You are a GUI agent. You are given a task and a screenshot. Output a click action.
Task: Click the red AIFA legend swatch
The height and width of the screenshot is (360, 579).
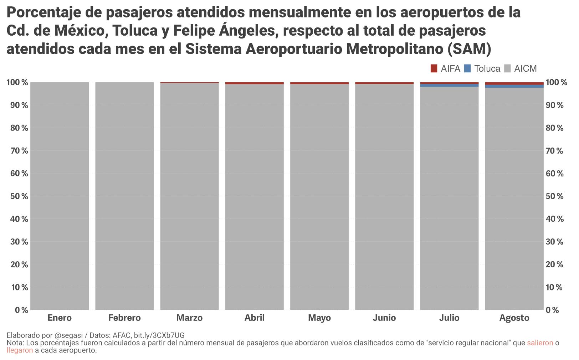434,68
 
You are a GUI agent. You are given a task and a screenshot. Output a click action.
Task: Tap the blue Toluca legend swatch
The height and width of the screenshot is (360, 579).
467,68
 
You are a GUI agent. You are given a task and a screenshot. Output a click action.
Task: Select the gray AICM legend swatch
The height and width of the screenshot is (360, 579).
507,68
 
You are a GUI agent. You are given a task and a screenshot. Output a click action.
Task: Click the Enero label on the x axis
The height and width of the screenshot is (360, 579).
60,318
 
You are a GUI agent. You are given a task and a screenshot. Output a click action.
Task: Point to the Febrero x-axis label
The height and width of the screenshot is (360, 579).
124,318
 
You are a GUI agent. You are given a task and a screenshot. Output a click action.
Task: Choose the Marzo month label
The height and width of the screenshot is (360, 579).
189,318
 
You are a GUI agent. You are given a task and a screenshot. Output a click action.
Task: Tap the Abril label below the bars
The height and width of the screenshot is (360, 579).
254,318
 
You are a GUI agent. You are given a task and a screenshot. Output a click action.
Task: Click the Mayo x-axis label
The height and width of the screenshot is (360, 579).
319,318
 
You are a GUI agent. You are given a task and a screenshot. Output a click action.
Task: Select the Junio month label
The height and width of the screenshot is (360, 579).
384,318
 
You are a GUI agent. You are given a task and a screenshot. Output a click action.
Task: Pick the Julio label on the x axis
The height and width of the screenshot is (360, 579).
449,318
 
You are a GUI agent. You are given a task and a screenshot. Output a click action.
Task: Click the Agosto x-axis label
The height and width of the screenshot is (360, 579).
514,318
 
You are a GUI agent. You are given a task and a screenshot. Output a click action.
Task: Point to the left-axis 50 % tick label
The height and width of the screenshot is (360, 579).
17,196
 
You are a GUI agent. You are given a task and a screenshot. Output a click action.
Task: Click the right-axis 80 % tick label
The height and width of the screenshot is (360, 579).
554,128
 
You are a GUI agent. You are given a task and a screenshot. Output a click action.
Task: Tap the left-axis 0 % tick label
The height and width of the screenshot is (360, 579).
21,310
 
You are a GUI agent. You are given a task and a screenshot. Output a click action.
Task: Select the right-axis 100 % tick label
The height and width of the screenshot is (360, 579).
556,82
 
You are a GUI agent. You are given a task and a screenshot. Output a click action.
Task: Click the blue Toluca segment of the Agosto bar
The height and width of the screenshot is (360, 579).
514,86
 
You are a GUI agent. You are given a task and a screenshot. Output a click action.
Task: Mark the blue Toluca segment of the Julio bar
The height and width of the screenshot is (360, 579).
449,86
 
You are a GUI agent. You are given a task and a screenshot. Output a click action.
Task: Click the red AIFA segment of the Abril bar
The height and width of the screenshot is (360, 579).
254,83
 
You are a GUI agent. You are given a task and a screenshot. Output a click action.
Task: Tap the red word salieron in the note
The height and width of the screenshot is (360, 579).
540,343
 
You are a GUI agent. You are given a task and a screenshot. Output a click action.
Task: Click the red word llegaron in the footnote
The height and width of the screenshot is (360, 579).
20,350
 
